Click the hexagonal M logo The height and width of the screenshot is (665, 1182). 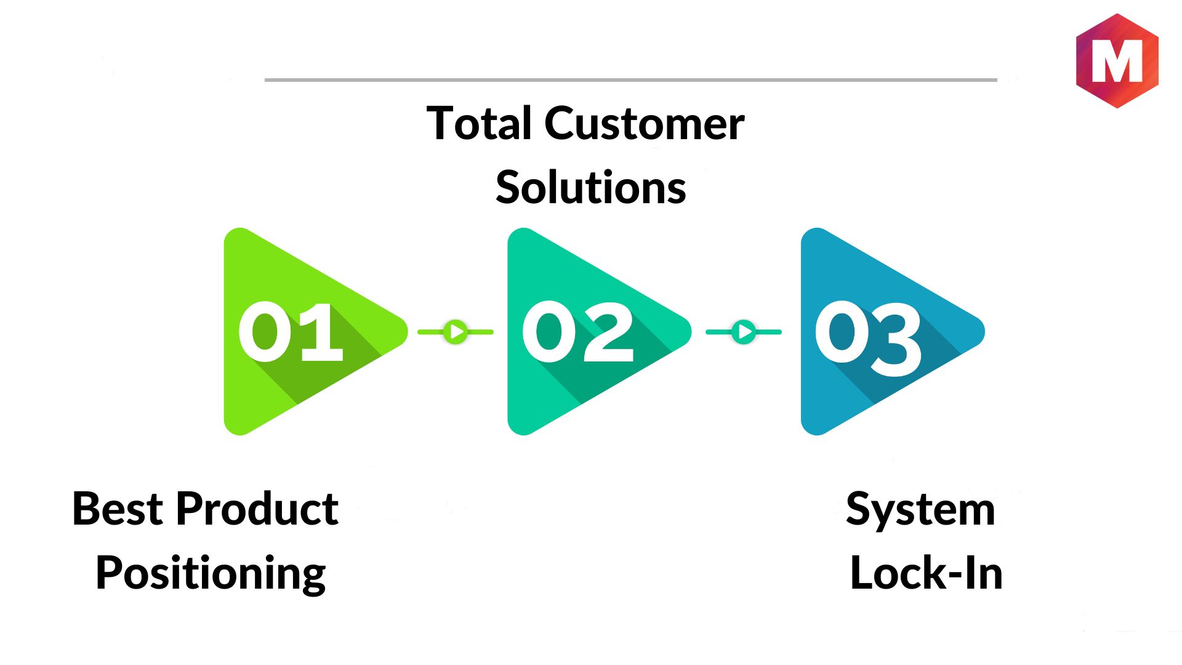click(1117, 60)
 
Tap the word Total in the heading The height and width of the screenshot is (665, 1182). click(480, 124)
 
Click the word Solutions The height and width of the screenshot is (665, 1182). click(590, 188)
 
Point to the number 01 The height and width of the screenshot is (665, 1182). click(290, 332)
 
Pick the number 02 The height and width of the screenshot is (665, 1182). click(577, 332)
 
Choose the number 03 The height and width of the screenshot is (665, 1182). click(868, 337)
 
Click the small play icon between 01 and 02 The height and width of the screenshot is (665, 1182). click(456, 332)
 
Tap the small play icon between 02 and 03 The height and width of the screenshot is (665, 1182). click(744, 332)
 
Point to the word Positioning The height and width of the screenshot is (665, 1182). click(211, 574)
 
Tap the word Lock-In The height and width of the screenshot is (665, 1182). click(926, 574)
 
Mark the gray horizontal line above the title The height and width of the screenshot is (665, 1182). click(630, 80)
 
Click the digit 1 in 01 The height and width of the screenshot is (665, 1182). click(321, 332)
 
